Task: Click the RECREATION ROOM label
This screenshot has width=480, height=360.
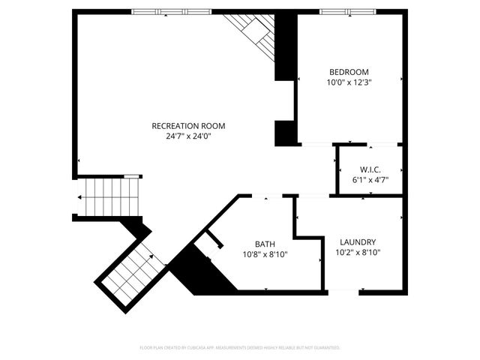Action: point(188,126)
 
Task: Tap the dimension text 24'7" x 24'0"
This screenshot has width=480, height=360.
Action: point(188,136)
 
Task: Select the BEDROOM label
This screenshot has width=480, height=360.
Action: point(349,72)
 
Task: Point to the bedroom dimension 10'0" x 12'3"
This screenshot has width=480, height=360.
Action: point(349,82)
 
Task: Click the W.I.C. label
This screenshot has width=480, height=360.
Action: point(370,169)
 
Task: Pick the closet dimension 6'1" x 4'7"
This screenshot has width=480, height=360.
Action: point(370,180)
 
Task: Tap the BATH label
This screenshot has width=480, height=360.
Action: point(265,244)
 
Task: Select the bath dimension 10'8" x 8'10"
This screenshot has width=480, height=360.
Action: point(265,254)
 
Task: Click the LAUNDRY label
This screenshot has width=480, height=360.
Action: point(358,242)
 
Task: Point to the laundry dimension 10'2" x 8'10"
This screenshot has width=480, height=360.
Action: point(358,253)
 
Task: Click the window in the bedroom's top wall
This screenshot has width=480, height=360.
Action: point(346,11)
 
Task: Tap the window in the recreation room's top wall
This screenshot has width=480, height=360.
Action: point(170,11)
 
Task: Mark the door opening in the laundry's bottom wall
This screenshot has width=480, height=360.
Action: point(343,291)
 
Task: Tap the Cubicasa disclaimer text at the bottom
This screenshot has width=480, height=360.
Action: point(240,348)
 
